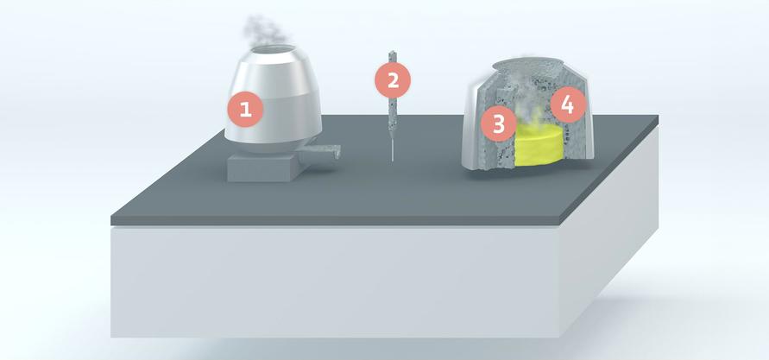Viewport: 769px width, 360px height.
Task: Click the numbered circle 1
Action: [245, 110]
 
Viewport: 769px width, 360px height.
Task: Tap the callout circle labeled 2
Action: [393, 80]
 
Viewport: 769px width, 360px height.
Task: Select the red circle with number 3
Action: [498, 123]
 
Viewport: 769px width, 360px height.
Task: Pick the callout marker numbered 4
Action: [566, 105]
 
